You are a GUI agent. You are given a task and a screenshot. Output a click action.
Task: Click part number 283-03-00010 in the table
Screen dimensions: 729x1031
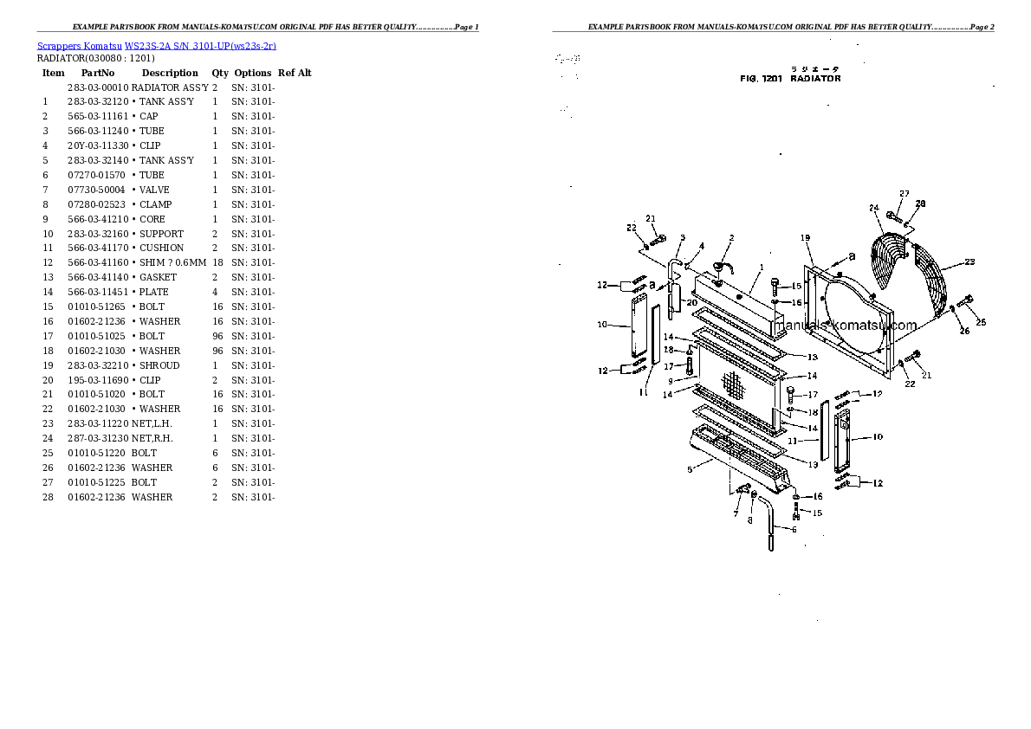click(x=98, y=87)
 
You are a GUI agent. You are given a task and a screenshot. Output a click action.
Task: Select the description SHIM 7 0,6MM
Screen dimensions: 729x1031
click(x=173, y=262)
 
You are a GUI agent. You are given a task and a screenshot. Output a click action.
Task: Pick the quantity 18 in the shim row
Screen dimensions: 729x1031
click(x=218, y=262)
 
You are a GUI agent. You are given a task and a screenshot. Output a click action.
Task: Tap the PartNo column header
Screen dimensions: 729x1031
click(x=98, y=74)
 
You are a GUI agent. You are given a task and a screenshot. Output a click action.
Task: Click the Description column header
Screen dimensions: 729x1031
click(x=170, y=74)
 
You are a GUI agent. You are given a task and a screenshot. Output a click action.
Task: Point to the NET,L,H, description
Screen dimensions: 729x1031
click(x=152, y=423)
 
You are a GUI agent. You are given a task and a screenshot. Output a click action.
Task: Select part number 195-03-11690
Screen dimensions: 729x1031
click(x=98, y=380)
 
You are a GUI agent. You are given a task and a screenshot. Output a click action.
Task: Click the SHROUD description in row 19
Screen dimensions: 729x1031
click(x=159, y=365)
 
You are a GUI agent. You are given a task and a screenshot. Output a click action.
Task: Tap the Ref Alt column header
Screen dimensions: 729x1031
click(x=295, y=74)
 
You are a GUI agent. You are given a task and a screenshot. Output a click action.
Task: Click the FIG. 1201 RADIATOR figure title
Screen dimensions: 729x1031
click(x=790, y=79)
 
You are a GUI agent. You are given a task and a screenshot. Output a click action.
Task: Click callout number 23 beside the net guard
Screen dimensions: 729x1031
click(x=969, y=261)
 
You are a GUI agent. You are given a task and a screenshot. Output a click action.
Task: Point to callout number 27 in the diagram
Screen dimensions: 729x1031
click(x=904, y=193)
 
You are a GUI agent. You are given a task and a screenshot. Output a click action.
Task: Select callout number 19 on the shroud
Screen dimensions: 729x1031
click(x=805, y=238)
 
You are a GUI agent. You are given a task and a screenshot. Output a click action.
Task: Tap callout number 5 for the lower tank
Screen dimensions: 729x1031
click(x=690, y=469)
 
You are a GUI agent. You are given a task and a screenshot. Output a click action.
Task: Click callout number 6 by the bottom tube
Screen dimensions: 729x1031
click(x=794, y=529)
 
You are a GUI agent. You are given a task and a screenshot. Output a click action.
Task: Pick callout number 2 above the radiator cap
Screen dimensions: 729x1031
click(x=731, y=238)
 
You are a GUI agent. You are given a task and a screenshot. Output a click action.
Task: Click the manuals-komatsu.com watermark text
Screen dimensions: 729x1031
click(x=843, y=326)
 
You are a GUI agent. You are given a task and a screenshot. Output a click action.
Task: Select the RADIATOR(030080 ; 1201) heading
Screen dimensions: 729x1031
click(x=96, y=59)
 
